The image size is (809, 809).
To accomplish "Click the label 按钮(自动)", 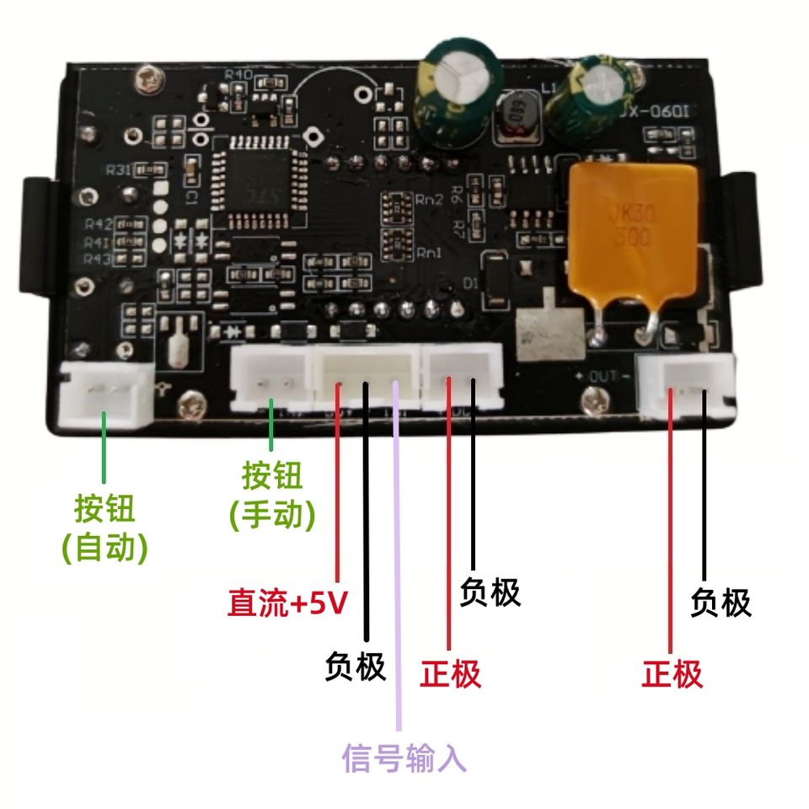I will [x=104, y=528].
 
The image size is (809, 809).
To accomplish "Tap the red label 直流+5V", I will [x=287, y=603].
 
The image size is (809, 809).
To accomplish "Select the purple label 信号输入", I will [x=404, y=758].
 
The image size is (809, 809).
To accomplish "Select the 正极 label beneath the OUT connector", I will [x=672, y=674].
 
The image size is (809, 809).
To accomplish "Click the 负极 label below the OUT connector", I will [x=721, y=603].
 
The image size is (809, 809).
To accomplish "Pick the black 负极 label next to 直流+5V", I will [x=355, y=667].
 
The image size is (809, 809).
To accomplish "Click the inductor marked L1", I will [x=514, y=118].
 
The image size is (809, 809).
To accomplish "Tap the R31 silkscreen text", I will [x=118, y=170].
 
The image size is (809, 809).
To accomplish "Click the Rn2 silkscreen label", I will [x=428, y=201].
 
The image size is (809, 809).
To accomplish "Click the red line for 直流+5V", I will [x=338, y=489].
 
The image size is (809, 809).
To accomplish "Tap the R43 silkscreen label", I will [x=98, y=258].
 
